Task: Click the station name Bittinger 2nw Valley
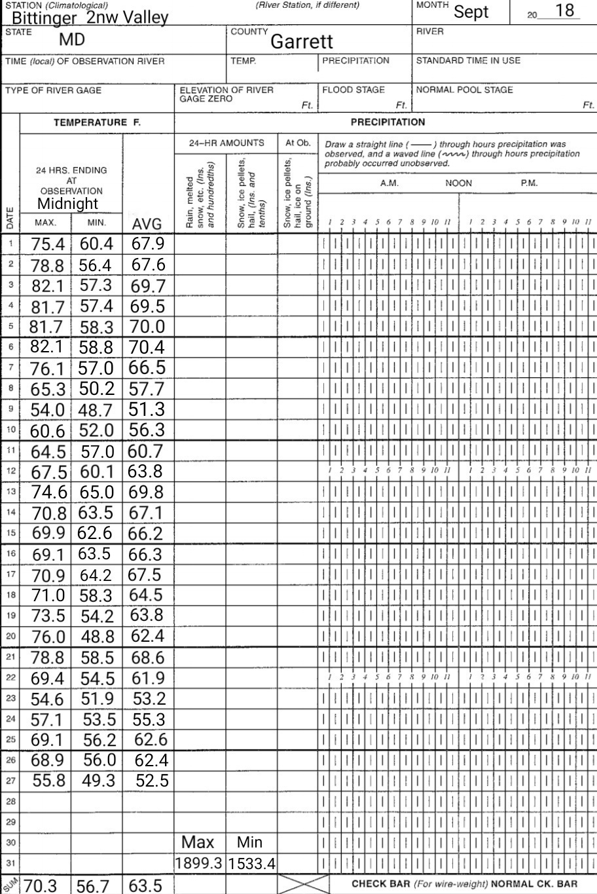[90, 18]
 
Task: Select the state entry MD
[72, 39]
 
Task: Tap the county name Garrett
[302, 42]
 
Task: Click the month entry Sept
[471, 12]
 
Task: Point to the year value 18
[564, 10]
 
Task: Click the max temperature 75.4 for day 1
[48, 244]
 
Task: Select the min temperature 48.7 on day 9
[96, 411]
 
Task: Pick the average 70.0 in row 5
[147, 327]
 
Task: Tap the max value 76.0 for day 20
[48, 637]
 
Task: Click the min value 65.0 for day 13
[96, 492]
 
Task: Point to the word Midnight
[67, 203]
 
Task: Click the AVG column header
[147, 225]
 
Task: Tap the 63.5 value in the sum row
[145, 885]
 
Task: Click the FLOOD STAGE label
[353, 90]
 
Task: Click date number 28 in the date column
[10, 801]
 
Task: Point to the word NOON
[458, 183]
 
